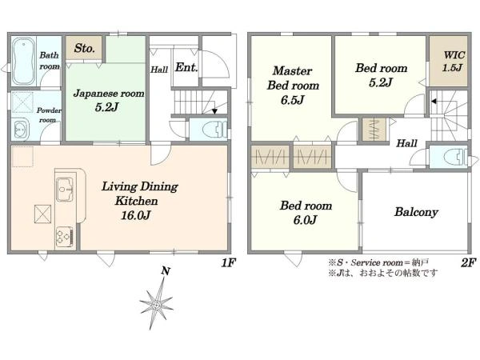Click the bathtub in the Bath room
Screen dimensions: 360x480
[23, 62]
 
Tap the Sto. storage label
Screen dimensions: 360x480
[84, 49]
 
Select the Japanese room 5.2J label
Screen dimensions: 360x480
[109, 99]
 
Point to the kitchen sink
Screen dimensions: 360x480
[64, 189]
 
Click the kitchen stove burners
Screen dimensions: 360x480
[63, 235]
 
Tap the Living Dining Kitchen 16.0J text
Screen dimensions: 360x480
[140, 200]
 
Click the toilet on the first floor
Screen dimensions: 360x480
[213, 129]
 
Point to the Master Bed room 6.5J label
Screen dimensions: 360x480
[293, 85]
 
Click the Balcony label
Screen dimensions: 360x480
[415, 212]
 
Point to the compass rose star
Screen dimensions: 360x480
[156, 305]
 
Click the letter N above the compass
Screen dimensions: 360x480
[165, 271]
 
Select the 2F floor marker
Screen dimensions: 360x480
[468, 262]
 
